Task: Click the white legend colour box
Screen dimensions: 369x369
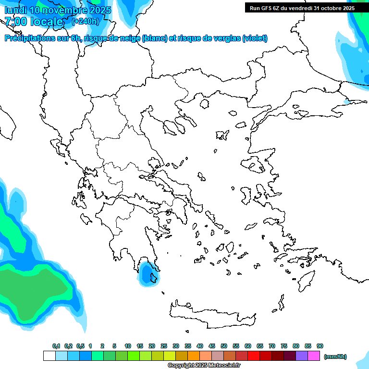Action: [x=49, y=356]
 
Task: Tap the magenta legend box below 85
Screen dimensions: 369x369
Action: [x=314, y=356]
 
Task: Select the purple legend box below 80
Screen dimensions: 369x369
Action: [x=302, y=356]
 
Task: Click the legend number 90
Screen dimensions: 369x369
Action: [x=320, y=346]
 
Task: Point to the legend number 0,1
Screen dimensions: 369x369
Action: [x=56, y=346]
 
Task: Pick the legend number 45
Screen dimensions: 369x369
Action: [x=212, y=346]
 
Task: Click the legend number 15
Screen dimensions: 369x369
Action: [x=140, y=346]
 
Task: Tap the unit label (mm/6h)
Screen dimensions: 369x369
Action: [x=335, y=357]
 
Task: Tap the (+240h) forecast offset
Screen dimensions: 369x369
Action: [x=85, y=21]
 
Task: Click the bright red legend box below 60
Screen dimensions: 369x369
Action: [x=254, y=356]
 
